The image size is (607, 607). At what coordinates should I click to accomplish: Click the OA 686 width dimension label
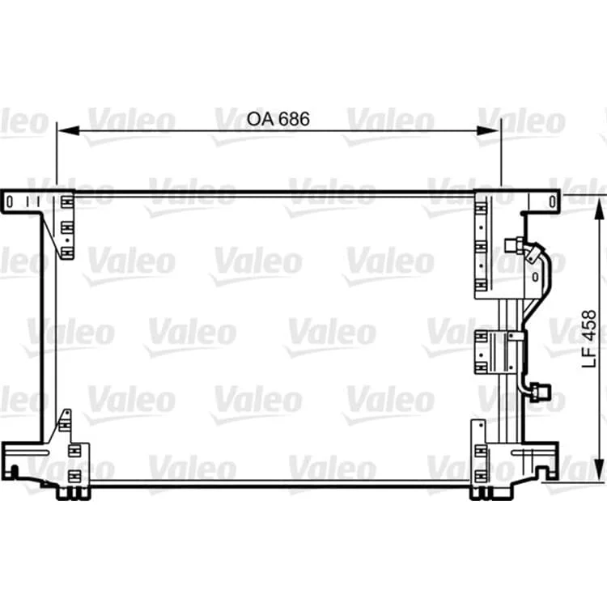pos(278,119)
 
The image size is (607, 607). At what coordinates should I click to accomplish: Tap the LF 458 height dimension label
pos(589,338)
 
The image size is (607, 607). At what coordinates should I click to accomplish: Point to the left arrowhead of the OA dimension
pos(68,131)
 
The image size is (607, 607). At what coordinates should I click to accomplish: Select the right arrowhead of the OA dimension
pos(489,131)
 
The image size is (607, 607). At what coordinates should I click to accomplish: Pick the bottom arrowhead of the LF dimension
pos(599,470)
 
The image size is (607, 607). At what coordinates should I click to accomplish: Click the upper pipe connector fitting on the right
pos(514,244)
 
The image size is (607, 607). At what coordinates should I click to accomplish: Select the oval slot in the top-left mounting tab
pos(10,202)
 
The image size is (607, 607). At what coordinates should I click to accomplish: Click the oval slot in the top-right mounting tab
pos(553,202)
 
